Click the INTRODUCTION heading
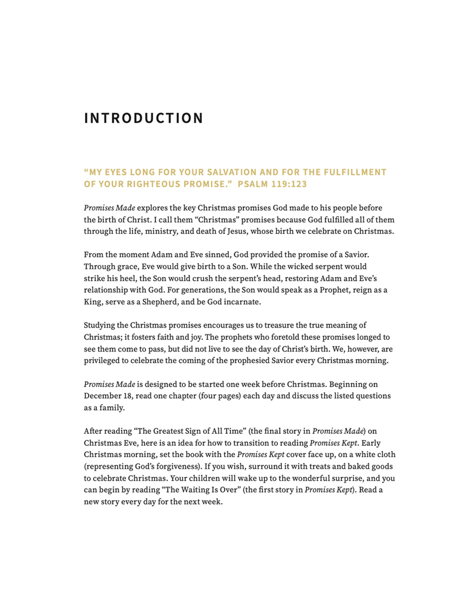143,118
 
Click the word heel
125,279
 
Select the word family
112,408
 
